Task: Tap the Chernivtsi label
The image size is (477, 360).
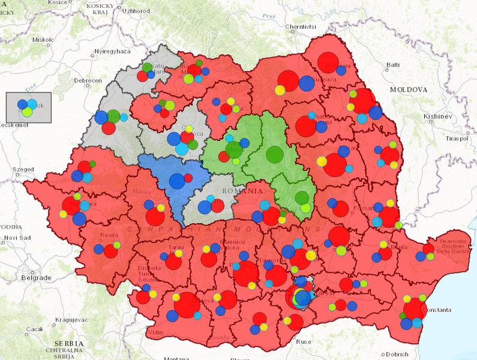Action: coord(300,27)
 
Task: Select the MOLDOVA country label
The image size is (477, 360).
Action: coord(408,89)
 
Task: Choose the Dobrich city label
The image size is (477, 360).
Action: coord(396,353)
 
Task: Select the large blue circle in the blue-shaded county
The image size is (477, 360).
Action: coord(176,181)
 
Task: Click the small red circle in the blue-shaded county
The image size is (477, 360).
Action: coord(188,178)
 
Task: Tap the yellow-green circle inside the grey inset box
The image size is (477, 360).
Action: coord(27,111)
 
